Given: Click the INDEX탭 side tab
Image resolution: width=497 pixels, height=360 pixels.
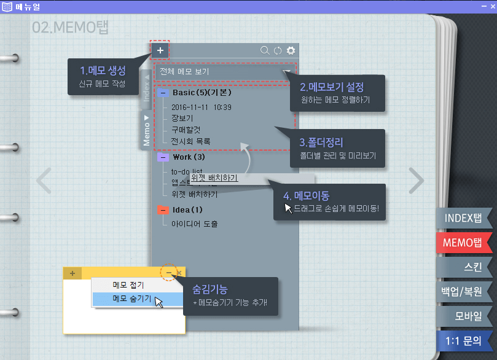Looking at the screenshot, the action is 463,218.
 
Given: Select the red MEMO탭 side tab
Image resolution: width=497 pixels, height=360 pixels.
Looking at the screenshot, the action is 463,242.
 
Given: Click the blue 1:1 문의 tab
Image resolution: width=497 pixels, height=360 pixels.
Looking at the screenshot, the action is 463,340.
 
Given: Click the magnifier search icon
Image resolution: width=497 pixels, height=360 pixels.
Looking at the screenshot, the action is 265,50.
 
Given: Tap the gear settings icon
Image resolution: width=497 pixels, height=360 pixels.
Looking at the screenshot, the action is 291,50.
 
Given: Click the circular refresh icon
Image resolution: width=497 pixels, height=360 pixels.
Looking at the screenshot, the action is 278,50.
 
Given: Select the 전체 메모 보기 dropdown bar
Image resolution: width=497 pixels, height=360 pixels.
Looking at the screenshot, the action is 225,72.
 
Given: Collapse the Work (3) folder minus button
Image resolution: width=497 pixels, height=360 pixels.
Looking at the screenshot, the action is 163,157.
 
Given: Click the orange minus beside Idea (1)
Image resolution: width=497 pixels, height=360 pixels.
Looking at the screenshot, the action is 163,210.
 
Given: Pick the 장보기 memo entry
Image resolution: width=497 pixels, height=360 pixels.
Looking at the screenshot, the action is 182,118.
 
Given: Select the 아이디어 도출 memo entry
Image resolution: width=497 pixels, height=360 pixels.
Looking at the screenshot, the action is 194,224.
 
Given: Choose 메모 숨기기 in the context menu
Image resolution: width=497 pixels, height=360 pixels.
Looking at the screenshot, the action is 131,299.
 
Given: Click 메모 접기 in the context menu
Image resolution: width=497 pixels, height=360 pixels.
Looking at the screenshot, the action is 128,285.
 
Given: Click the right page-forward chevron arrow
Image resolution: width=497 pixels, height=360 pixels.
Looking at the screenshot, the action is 417,180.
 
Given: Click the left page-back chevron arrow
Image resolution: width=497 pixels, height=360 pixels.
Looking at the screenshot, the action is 44,180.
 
